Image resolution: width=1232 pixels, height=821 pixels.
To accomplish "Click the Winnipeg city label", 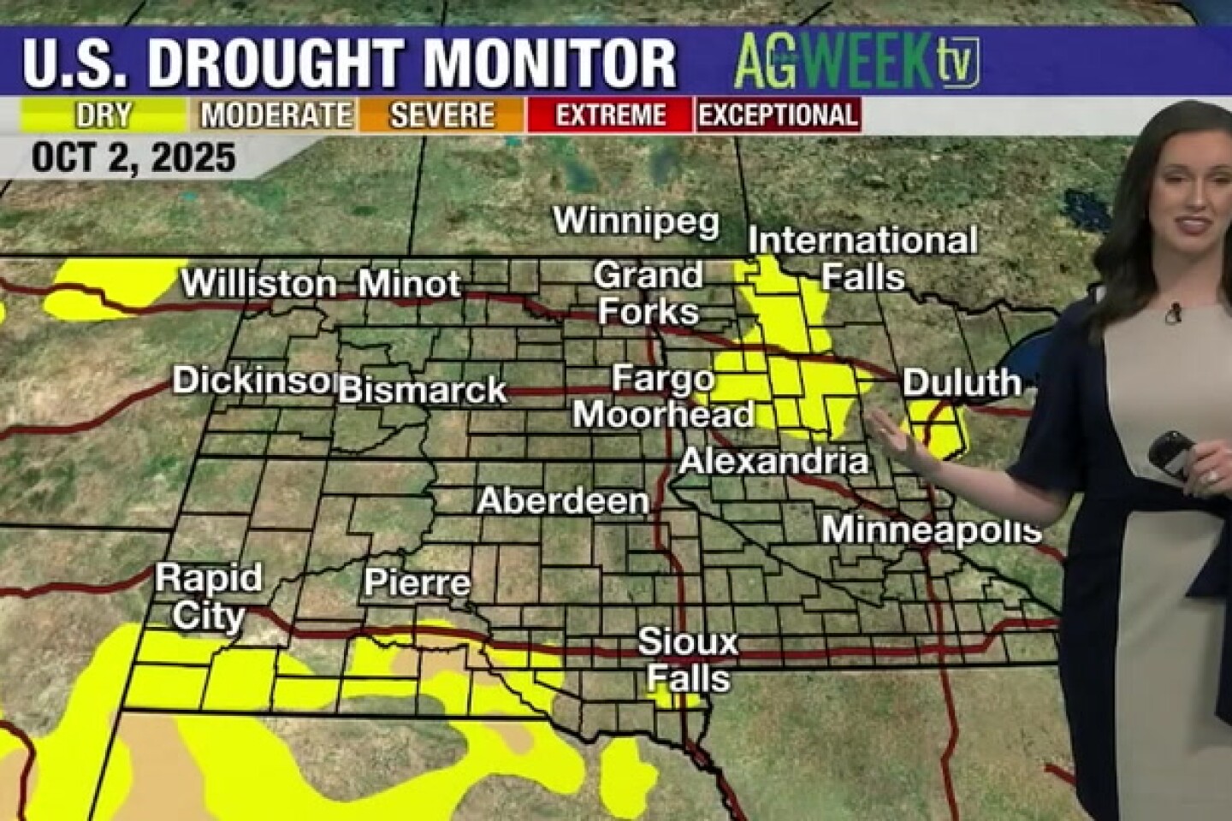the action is click(636, 221).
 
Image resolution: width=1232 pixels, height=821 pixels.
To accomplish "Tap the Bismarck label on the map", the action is click(423, 390).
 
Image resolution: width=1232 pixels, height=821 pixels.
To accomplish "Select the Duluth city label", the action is click(962, 382).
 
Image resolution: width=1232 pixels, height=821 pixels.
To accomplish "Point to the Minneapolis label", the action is click(931, 530).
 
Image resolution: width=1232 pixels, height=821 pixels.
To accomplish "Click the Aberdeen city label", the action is click(563, 501).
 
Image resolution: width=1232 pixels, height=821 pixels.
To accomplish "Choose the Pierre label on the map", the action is click(417, 583).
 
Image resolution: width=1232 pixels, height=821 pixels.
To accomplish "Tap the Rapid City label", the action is click(208, 597).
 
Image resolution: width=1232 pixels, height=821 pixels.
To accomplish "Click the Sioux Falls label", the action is click(688, 659).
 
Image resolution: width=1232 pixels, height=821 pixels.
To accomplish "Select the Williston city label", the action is click(258, 284).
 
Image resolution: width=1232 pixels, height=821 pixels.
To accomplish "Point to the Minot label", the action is click(409, 284).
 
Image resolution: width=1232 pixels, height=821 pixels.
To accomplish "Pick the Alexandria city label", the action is click(773, 462).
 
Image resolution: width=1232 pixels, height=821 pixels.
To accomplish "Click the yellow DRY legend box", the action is click(104, 115).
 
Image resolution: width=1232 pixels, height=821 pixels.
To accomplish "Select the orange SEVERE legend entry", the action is click(441, 115).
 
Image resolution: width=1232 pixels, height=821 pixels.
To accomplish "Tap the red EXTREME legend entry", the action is click(610, 115).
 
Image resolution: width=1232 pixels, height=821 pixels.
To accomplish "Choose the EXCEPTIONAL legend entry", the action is click(778, 115).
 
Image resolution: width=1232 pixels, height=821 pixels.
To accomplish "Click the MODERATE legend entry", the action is click(276, 115).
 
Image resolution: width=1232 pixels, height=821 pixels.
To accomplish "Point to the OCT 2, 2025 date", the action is click(133, 158).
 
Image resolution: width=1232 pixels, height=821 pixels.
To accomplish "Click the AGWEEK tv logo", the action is click(856, 61).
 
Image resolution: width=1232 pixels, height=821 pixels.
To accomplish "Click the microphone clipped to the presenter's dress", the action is click(1174, 314).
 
